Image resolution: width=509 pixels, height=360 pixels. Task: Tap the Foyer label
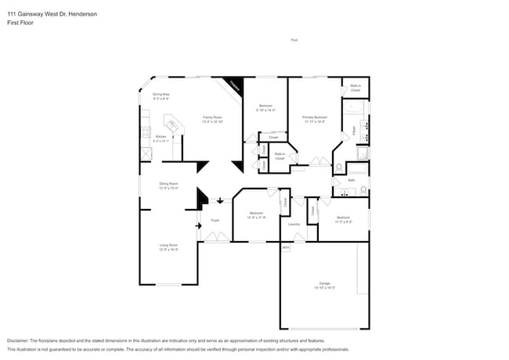click(x=215, y=220)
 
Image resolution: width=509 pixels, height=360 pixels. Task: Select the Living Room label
click(x=168, y=247)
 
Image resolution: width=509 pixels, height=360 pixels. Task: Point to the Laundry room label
click(x=294, y=224)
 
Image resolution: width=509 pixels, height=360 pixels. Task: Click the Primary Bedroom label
click(x=315, y=118)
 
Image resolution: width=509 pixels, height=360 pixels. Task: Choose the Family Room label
click(x=212, y=119)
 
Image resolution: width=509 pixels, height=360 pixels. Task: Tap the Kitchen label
click(x=160, y=139)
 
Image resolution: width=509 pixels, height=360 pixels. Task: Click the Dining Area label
click(x=161, y=95)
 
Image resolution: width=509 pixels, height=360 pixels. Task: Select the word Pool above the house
click(x=294, y=40)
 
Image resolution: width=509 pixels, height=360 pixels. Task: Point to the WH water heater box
click(x=285, y=247)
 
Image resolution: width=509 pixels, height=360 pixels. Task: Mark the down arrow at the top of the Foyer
click(x=220, y=201)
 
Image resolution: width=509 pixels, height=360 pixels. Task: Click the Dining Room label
click(x=168, y=185)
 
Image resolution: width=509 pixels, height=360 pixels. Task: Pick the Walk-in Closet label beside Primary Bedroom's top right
click(x=355, y=88)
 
